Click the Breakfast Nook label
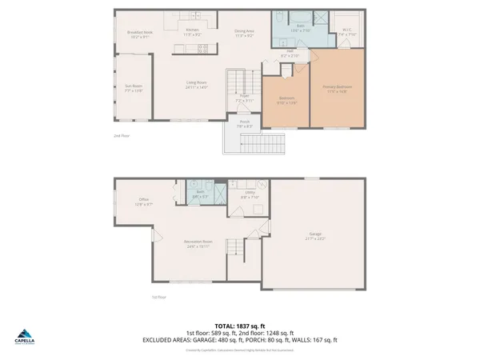139,33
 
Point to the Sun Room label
132,89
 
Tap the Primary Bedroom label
343,88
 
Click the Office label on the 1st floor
144,202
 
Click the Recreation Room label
197,242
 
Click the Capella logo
26,338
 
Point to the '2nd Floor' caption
121,136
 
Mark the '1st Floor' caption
158,297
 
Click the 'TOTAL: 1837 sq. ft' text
241,326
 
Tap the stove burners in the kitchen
202,47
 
